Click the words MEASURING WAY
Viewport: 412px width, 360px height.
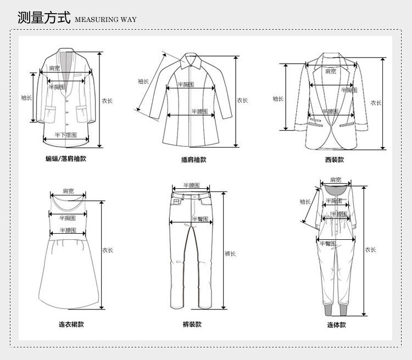pyautogui.click(x=105, y=20)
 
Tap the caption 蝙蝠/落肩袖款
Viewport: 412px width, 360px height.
pyautogui.click(x=66, y=159)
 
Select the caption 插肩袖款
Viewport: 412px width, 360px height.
pyautogui.click(x=193, y=160)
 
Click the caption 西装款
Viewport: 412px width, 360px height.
pyautogui.click(x=334, y=160)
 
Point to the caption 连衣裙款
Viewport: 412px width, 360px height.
pyautogui.click(x=71, y=324)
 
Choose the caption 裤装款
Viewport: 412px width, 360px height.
pyautogui.click(x=192, y=324)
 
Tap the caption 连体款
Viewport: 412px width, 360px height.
pyautogui.click(x=337, y=324)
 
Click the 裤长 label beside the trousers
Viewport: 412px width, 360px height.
pyautogui.click(x=230, y=254)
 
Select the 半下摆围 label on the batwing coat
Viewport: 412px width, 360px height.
pyautogui.click(x=65, y=134)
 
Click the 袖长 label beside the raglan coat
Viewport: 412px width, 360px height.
pyautogui.click(x=143, y=82)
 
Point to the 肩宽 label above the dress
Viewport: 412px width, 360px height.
pyautogui.click(x=68, y=191)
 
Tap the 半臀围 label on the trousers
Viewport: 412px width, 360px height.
pyautogui.click(x=199, y=219)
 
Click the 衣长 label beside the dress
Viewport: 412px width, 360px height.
pyautogui.click(x=108, y=250)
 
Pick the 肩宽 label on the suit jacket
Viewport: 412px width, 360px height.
pyautogui.click(x=330, y=71)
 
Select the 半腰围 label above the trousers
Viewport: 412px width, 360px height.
pyautogui.click(x=191, y=185)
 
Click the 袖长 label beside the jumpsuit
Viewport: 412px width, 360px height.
pyautogui.click(x=305, y=202)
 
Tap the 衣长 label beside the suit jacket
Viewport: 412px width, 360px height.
pyautogui.click(x=376, y=103)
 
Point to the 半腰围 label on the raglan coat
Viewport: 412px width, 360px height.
pyautogui.click(x=199, y=111)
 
